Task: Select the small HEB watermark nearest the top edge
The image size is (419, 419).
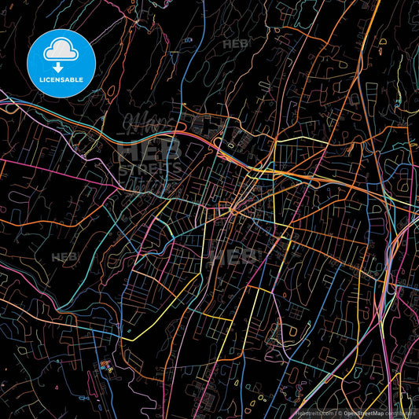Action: pos(236,44)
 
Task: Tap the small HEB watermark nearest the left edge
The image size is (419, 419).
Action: pos(64,257)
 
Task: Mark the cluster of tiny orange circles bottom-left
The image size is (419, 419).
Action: pos(105,365)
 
